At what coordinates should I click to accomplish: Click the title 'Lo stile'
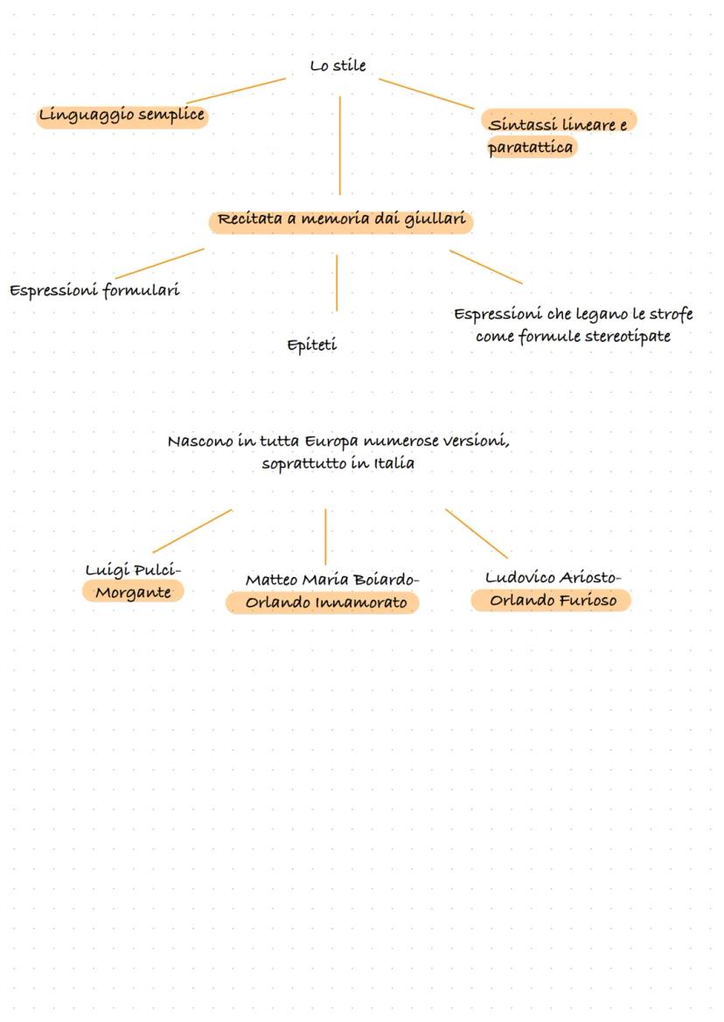tap(338, 66)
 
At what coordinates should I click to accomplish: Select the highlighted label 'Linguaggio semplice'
tap(122, 115)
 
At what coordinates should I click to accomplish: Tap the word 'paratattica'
tap(531, 148)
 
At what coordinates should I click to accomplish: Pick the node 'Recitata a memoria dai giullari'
tap(341, 219)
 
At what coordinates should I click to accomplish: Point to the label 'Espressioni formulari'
tap(94, 290)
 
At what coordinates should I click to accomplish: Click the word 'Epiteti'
tap(311, 345)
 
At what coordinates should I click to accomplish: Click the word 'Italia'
tap(394, 463)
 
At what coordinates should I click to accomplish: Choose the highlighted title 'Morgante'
tap(133, 593)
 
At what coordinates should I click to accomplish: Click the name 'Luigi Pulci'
tap(131, 570)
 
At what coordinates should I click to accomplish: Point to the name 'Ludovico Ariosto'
tap(551, 578)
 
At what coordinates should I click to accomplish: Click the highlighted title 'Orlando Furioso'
tap(553, 601)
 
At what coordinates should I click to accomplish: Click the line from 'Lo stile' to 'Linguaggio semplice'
tap(236, 91)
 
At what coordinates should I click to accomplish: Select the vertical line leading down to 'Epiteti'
tap(337, 282)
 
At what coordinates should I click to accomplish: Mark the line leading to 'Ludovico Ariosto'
tap(476, 532)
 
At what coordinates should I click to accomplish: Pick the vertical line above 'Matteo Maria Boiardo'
tap(325, 536)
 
